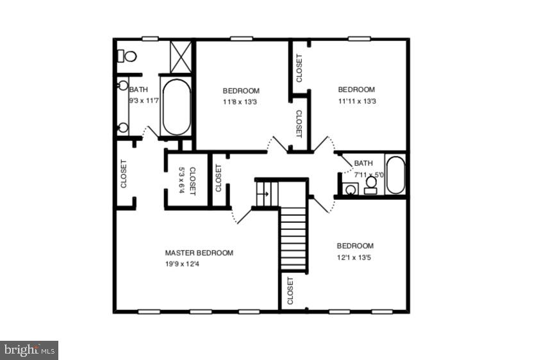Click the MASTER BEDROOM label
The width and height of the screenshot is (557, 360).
click(199, 253)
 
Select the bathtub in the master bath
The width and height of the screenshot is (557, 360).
click(176, 107)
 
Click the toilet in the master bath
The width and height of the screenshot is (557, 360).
click(128, 56)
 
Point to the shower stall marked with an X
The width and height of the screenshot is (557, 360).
click(181, 56)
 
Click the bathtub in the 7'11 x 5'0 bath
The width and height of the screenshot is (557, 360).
click(394, 174)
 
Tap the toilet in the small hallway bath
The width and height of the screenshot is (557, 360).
click(370, 184)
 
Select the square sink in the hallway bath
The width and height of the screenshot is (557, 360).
click(350, 189)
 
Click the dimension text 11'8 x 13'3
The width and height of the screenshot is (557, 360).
click(240, 102)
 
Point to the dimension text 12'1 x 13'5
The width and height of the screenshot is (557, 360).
click(355, 258)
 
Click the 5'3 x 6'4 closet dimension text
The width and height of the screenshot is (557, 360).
click(181, 181)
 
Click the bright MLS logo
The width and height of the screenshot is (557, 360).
click(29, 350)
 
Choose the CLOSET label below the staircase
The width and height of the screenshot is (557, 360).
click(290, 290)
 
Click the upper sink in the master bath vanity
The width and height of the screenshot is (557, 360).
click(123, 86)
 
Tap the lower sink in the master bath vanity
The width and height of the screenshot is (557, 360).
click(123, 127)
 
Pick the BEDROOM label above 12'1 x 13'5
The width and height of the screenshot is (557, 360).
click(355, 246)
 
